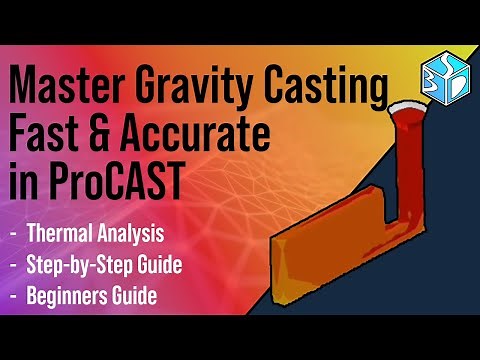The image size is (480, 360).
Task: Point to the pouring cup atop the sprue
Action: pos(410,109)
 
